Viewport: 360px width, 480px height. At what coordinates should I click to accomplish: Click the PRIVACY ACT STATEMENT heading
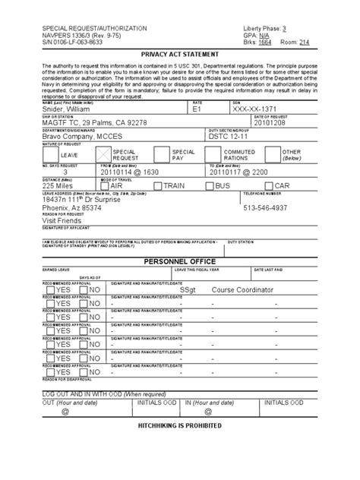(180, 55)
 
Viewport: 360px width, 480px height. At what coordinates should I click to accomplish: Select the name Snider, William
(72, 109)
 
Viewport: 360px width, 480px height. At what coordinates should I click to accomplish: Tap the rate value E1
(199, 109)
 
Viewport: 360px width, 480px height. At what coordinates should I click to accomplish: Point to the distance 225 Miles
(60, 185)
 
